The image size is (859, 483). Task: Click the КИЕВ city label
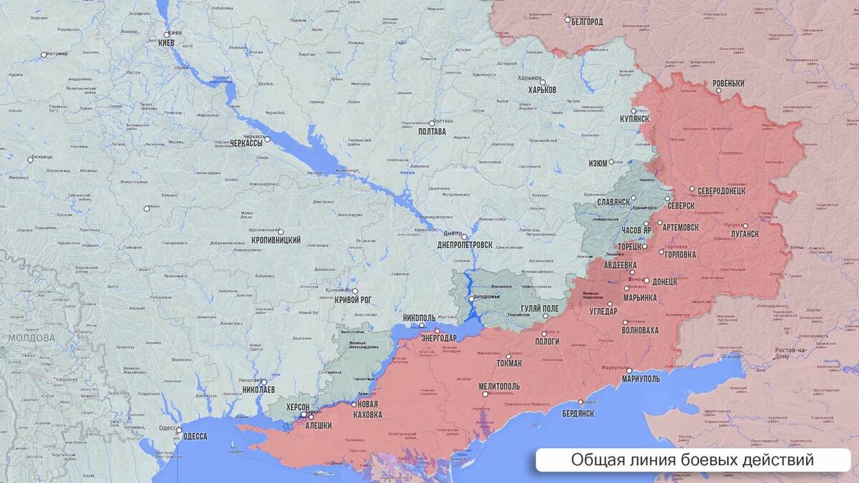(x=166, y=43)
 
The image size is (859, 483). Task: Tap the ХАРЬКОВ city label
(x=542, y=90)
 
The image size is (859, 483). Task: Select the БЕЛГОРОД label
(x=586, y=21)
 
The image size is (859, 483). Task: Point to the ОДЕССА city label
(x=195, y=436)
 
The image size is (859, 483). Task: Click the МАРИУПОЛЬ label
(x=641, y=379)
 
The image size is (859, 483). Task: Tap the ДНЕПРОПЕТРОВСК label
(x=465, y=245)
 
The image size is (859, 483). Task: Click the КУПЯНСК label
(x=634, y=119)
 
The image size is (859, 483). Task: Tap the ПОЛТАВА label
(x=432, y=132)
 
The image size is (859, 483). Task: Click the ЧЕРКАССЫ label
(x=246, y=143)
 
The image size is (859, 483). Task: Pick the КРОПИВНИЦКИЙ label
(x=276, y=240)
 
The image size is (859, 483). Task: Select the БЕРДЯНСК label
(x=578, y=414)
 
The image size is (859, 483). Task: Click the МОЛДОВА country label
(x=31, y=338)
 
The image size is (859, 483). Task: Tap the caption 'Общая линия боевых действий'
(x=692, y=460)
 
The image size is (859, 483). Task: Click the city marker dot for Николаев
(x=263, y=382)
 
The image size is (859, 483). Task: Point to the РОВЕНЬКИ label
(x=729, y=84)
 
